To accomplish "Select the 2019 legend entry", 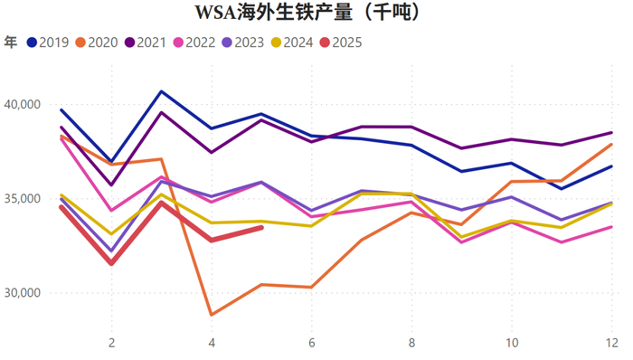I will pos(49,42).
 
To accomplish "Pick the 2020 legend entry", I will pos(97,42).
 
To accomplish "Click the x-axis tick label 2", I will pos(111,344).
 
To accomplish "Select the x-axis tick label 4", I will pos(212,344).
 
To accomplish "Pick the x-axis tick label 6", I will pos(311,344).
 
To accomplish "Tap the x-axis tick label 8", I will pos(411,344).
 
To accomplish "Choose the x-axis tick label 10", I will pos(512,344).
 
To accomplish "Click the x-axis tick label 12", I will pos(611,344).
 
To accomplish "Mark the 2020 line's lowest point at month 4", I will pos(212,315).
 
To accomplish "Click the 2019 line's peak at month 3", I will pos(161,91).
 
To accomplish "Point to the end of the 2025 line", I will pos(261,228).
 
